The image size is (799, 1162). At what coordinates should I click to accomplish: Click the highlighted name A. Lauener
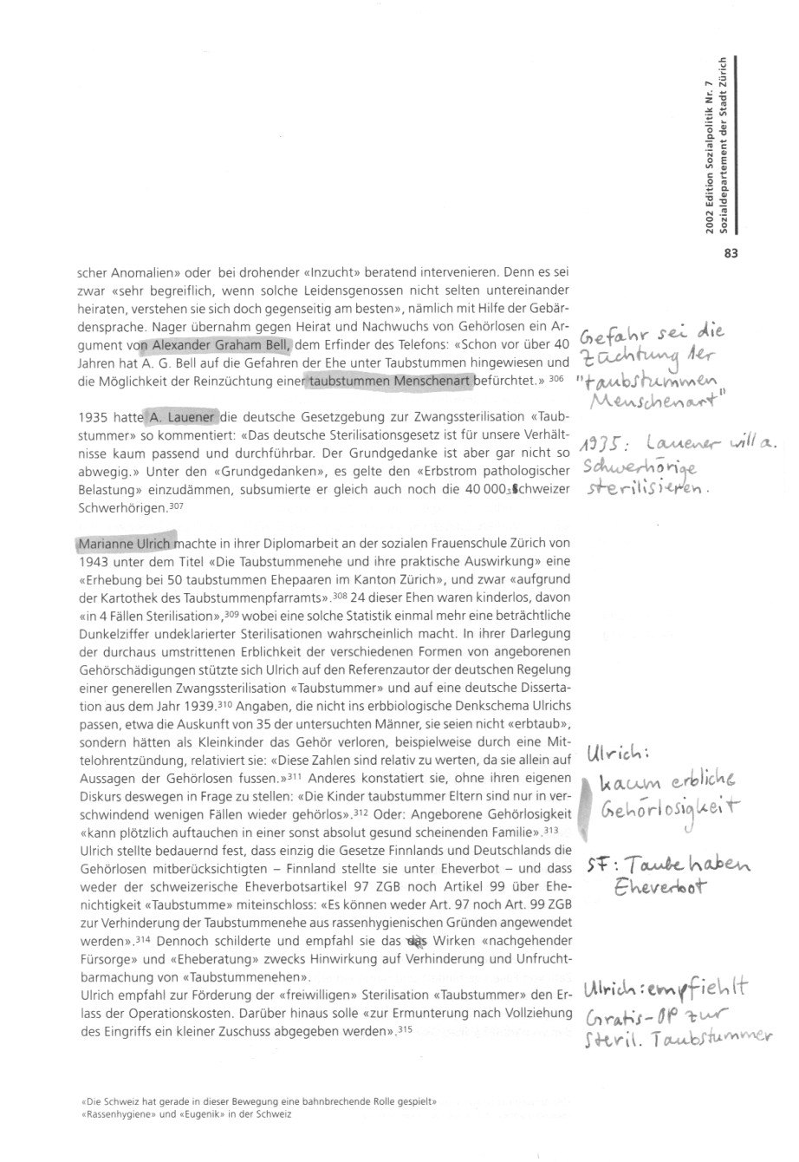182,416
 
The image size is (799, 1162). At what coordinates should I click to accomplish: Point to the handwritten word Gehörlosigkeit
664,812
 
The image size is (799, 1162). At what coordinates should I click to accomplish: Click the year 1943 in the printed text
93,562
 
